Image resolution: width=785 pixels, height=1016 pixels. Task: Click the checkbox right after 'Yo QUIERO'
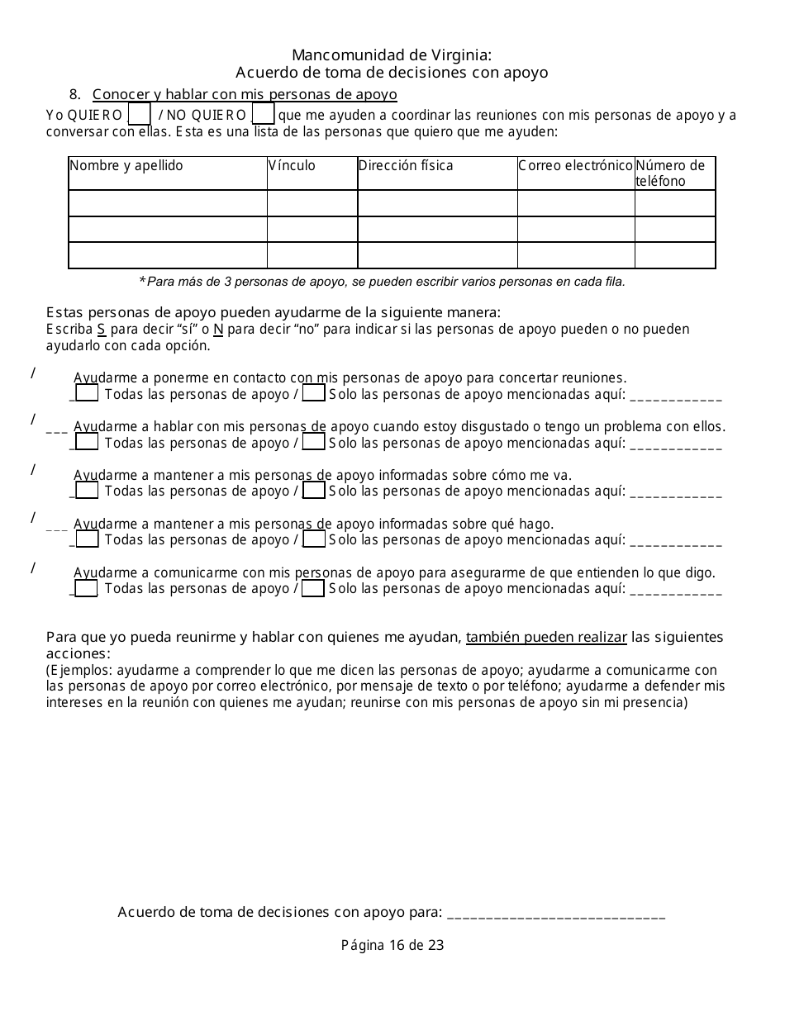point(140,113)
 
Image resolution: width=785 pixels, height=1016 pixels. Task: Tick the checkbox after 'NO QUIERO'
point(263,113)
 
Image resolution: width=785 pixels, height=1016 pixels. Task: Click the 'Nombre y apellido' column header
point(126,166)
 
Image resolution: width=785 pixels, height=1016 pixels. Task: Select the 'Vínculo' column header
point(292,166)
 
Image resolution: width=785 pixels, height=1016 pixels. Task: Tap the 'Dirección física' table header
point(406,166)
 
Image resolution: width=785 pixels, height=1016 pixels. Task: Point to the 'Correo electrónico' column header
point(575,166)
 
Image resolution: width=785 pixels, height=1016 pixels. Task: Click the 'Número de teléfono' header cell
point(670,173)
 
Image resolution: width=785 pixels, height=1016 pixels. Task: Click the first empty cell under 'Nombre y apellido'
point(168,203)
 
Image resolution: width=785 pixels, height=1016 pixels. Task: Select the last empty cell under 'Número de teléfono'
point(674,255)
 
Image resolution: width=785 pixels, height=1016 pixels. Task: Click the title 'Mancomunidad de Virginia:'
point(392,55)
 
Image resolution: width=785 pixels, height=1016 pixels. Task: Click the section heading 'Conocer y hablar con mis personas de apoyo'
point(245,94)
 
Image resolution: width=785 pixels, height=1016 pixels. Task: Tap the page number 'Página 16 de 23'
point(392,945)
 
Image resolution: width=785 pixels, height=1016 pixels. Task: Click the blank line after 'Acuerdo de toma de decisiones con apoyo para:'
point(555,914)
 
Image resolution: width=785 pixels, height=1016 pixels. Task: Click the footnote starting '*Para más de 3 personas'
point(382,282)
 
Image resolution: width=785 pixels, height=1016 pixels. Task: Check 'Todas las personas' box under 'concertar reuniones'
point(87,394)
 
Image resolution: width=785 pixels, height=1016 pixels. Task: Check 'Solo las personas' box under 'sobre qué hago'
point(313,540)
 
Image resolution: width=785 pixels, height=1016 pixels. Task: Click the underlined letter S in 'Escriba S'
point(102,330)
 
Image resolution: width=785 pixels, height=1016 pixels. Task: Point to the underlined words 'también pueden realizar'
point(547,637)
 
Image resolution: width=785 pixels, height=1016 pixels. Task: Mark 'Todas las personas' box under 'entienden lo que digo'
point(87,589)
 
